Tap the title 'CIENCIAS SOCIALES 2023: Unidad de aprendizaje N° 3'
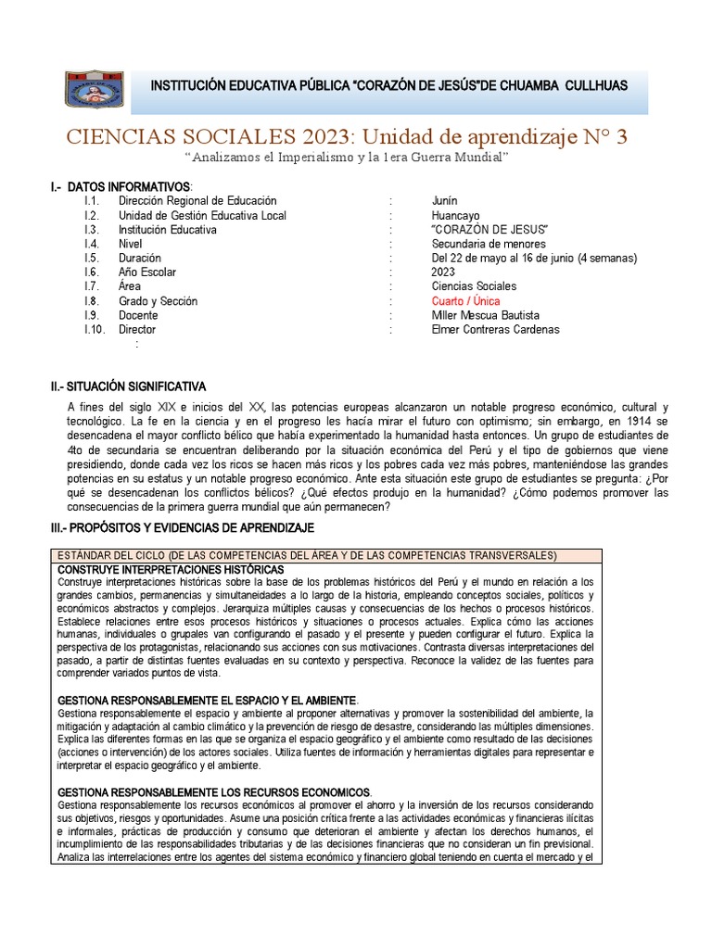point(346,137)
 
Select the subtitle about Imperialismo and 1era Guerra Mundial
point(347,158)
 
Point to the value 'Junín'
point(444,201)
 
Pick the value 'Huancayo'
point(453,215)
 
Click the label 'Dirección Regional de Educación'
point(197,201)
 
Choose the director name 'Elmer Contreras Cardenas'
point(495,329)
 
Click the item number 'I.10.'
point(95,329)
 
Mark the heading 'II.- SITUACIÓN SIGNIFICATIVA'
point(128,386)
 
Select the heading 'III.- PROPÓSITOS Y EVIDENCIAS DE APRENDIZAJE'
point(183,527)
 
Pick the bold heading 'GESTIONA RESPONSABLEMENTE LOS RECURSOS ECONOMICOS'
point(214,792)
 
